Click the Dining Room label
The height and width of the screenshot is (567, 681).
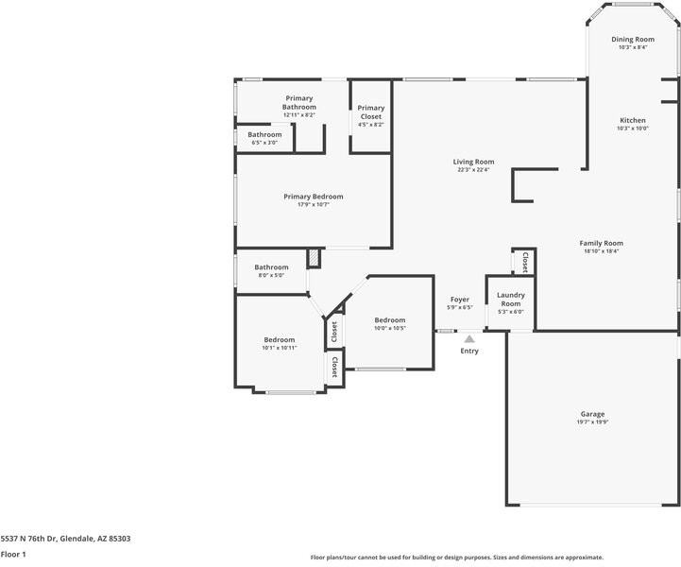pyautogui.click(x=633, y=39)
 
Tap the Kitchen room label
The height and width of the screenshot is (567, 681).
pyautogui.click(x=633, y=120)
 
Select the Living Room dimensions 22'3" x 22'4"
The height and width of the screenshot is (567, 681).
pyautogui.click(x=473, y=170)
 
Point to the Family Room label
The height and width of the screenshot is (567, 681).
pyautogui.click(x=601, y=243)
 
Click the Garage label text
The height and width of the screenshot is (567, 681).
pyautogui.click(x=592, y=414)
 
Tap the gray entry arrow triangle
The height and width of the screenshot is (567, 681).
pyautogui.click(x=469, y=339)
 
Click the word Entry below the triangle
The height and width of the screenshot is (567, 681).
pyautogui.click(x=469, y=351)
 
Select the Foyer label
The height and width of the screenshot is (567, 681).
pyautogui.click(x=459, y=300)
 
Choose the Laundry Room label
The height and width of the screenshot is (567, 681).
pyautogui.click(x=511, y=300)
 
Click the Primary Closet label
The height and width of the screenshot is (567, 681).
pyautogui.click(x=371, y=112)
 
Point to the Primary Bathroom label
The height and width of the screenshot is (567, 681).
pyautogui.click(x=299, y=103)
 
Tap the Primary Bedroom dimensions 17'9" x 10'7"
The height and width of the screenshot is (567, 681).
pyautogui.click(x=314, y=205)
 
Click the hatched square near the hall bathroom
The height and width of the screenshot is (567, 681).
pyautogui.click(x=314, y=259)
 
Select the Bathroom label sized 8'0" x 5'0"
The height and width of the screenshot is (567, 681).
pyautogui.click(x=271, y=267)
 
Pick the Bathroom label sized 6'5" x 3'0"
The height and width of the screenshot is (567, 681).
pyautogui.click(x=264, y=135)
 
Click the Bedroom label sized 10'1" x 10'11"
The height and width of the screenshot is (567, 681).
pyautogui.click(x=280, y=340)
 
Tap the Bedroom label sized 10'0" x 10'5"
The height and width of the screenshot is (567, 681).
pyautogui.click(x=390, y=320)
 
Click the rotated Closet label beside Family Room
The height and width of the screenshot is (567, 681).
pyautogui.click(x=525, y=262)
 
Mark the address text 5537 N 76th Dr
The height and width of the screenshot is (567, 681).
pyautogui.click(x=28, y=539)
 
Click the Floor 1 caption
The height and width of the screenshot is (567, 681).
pyautogui.click(x=13, y=555)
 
